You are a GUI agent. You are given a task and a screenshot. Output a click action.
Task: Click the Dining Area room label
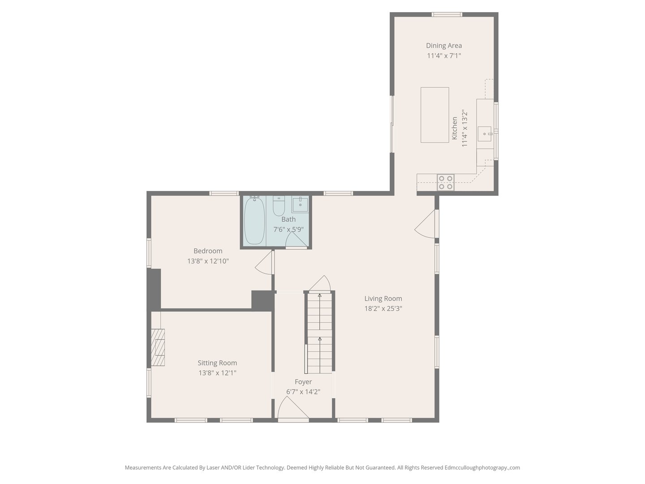pos(443,45)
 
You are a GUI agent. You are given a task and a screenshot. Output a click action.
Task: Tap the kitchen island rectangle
pos(434,115)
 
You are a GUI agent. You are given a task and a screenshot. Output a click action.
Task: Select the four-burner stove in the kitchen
pos(446,182)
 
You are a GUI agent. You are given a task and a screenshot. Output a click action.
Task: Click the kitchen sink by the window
pos(485,133)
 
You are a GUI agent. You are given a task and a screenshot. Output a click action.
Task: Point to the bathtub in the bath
pos(254,221)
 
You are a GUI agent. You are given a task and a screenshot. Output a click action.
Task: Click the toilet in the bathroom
pos(279,207)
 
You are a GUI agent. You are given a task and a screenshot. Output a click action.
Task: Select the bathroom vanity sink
pos(300,204)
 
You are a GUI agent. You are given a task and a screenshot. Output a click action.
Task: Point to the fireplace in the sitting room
pos(158,348)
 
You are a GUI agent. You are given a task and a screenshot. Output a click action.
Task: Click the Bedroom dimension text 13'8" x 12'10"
pos(208,261)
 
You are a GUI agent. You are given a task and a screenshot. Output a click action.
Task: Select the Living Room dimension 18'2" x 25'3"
pos(383,308)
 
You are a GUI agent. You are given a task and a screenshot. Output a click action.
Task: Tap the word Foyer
pos(303,382)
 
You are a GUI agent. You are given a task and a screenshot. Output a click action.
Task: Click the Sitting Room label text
pos(217,363)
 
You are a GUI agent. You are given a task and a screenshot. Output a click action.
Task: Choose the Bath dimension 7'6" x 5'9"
pos(288,229)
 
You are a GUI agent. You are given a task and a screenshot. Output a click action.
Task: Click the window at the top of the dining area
pos(447,15)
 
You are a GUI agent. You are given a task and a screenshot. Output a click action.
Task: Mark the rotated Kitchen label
pos(455,128)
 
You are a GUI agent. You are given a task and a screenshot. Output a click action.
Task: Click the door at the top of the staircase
pos(320,284)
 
